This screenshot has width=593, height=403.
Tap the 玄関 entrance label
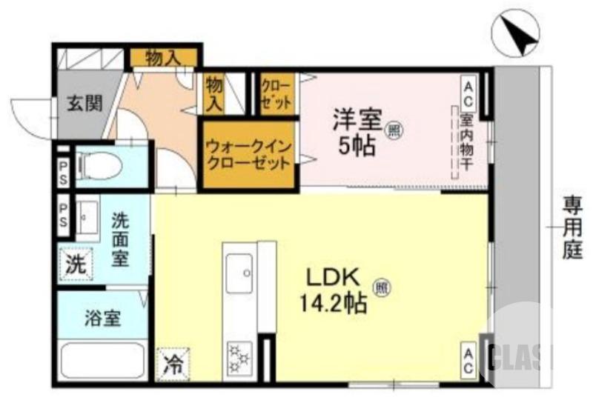click(86, 104)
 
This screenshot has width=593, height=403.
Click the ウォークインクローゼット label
click(248, 155)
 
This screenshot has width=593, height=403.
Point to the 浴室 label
click(102, 319)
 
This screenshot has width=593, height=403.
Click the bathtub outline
click(101, 359)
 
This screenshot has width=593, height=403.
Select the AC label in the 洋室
click(468, 94)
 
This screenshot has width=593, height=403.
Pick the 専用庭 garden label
click(572, 227)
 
